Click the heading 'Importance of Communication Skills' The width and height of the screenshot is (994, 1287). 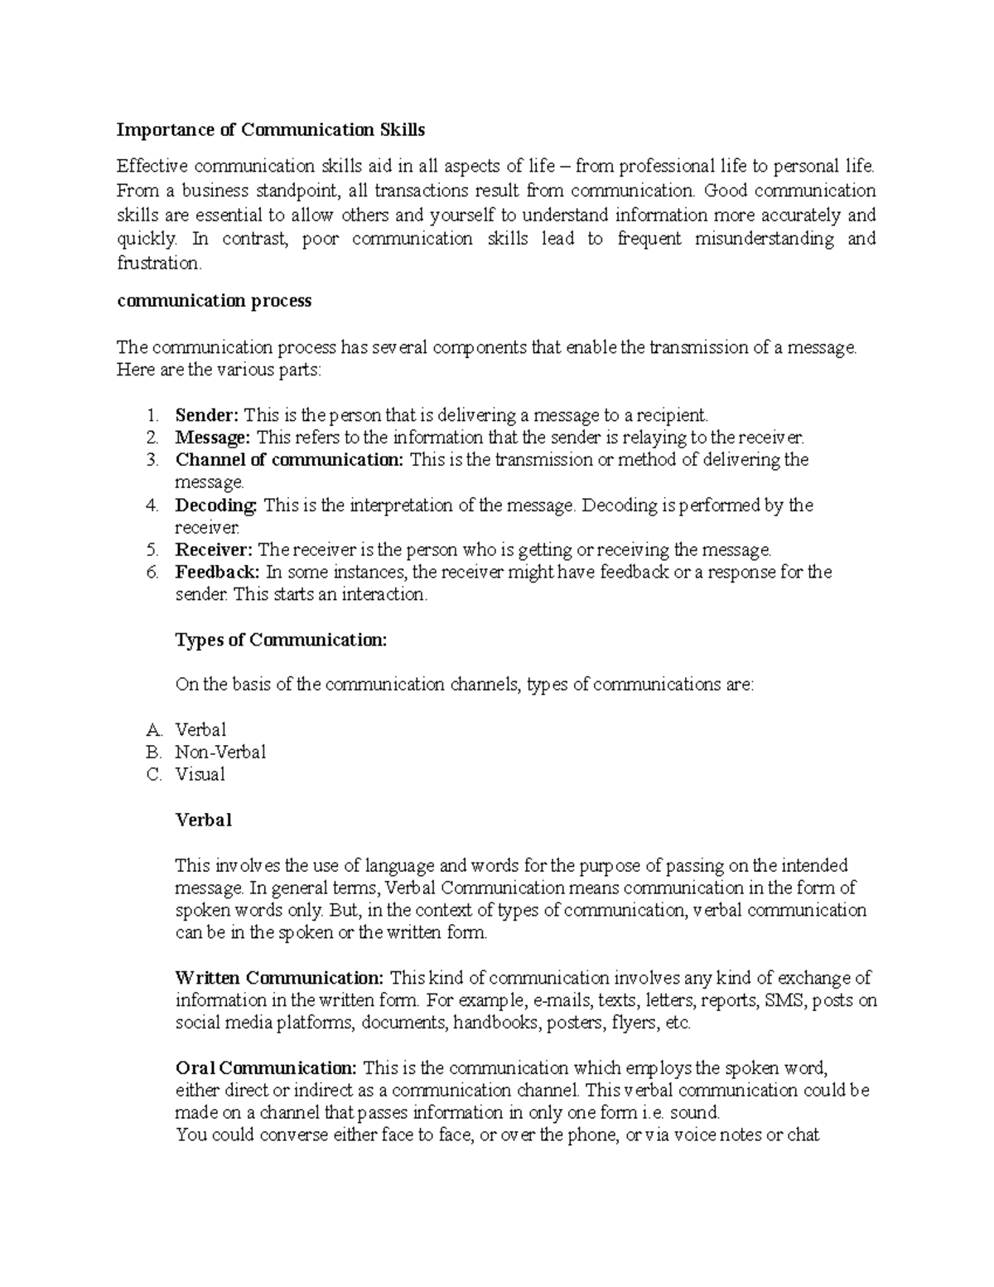[271, 130]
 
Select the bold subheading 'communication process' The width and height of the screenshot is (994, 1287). [215, 301]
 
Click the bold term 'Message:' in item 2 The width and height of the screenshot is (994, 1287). [211, 438]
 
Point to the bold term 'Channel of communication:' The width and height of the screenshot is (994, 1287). [289, 460]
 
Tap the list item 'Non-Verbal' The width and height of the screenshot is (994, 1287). [220, 752]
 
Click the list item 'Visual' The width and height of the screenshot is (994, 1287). [200, 775]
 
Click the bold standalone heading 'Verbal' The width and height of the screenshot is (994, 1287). [203, 820]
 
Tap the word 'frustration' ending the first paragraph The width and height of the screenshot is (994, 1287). [157, 264]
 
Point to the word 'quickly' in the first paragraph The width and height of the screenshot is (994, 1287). [146, 239]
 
